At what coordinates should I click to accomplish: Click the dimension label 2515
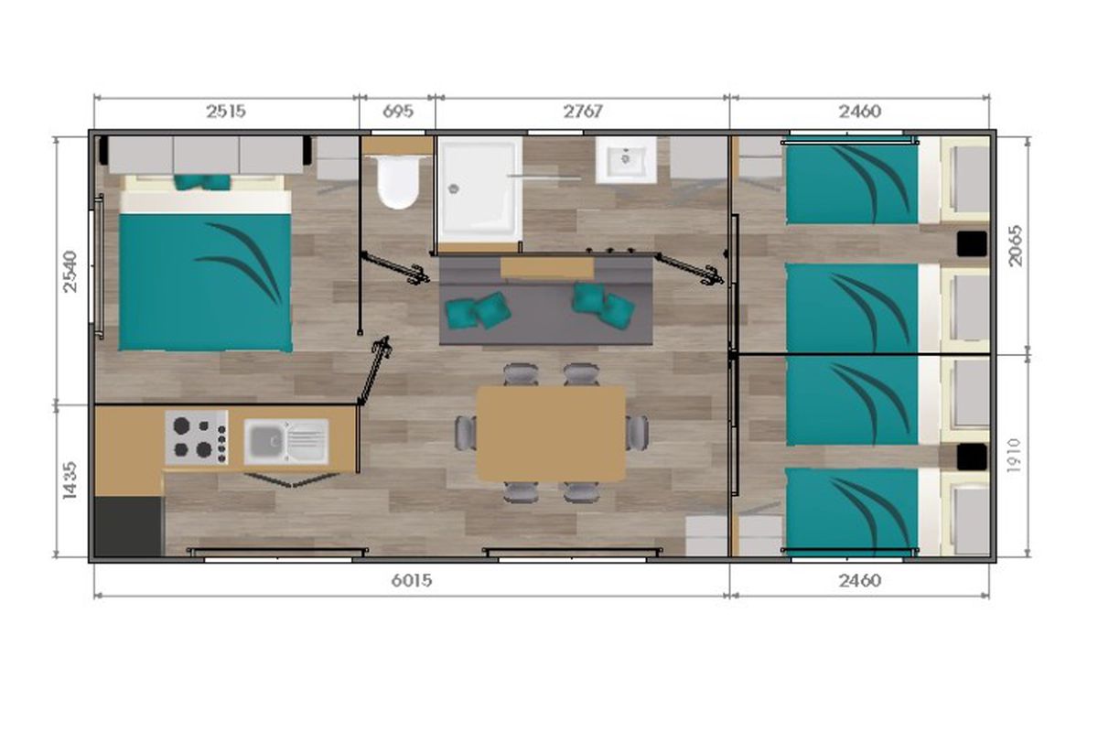click(x=225, y=112)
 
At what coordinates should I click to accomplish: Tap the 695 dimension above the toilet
click(x=397, y=112)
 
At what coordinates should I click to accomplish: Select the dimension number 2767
click(x=582, y=112)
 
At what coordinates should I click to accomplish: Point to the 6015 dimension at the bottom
click(x=412, y=581)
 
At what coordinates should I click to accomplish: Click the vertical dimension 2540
click(x=70, y=272)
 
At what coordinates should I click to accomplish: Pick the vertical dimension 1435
click(x=70, y=480)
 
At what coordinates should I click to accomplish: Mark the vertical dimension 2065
click(x=1016, y=245)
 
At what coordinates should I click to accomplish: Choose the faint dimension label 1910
click(x=1014, y=456)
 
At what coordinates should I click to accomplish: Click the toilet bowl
click(x=398, y=182)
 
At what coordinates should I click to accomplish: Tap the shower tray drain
click(x=454, y=188)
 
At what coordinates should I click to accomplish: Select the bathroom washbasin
click(x=626, y=160)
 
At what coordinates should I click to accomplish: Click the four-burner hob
click(x=197, y=437)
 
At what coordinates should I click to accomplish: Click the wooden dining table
click(x=551, y=434)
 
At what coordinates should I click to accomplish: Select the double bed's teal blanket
click(x=205, y=282)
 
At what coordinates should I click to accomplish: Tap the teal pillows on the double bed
click(x=202, y=182)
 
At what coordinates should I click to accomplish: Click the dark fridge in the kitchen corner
click(x=128, y=526)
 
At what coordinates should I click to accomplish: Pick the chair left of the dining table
click(x=465, y=433)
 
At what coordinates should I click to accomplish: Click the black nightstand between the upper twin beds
click(x=972, y=244)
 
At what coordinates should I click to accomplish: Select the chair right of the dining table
click(x=637, y=433)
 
